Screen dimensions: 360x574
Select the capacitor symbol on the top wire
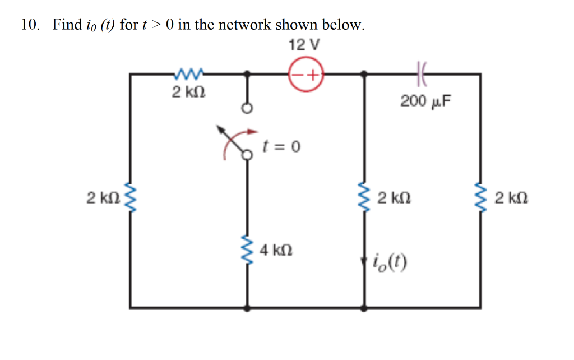[422, 73]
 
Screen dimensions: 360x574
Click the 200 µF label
[425, 101]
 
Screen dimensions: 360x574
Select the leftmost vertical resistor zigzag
[131, 197]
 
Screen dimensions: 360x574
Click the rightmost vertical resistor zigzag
[480, 197]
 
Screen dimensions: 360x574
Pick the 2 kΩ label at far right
[511, 197]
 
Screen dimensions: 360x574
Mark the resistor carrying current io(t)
[365, 197]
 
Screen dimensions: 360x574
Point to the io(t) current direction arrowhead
[365, 262]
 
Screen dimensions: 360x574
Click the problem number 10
[30, 25]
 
